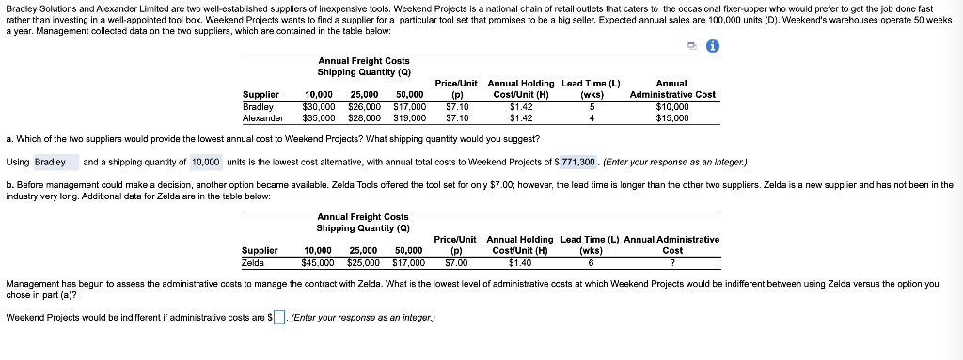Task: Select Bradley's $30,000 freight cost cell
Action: [320, 107]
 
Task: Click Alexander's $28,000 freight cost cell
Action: [364, 118]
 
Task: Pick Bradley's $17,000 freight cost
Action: [408, 107]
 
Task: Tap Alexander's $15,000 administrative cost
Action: [672, 118]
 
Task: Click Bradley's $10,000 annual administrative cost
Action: [672, 107]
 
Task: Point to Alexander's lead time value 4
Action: [591, 118]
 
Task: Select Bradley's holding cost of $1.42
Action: [521, 107]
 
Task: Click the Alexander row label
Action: [263, 118]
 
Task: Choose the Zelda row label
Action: [253, 262]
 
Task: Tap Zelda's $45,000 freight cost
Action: [320, 262]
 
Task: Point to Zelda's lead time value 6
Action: [591, 262]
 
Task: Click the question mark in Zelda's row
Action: [671, 262]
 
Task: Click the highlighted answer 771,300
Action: [578, 162]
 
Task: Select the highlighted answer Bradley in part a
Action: [50, 162]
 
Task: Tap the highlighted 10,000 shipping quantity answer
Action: [206, 162]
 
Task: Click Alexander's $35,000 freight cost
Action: [320, 118]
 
